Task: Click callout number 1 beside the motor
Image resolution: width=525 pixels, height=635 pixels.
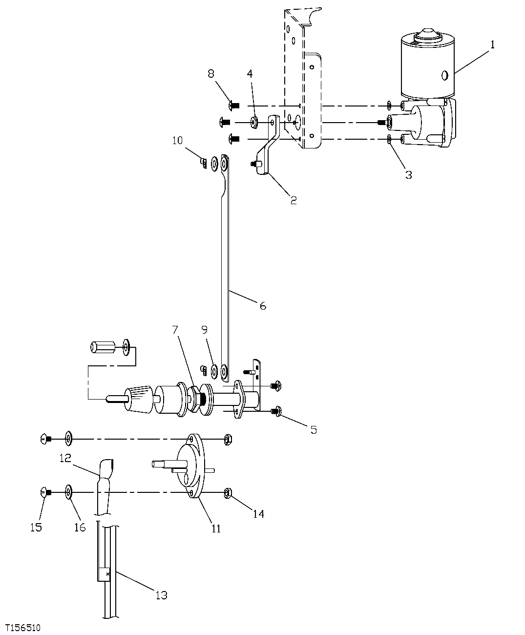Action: click(x=492, y=45)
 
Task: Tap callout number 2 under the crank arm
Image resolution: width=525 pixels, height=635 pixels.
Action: click(x=293, y=200)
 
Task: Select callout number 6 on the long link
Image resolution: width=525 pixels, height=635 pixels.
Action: click(x=263, y=306)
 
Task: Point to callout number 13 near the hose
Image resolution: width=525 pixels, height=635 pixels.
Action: click(x=161, y=595)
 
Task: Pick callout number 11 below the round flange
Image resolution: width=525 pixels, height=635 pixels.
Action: click(x=216, y=528)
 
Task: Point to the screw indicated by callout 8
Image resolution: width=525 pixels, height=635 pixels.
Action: click(x=233, y=105)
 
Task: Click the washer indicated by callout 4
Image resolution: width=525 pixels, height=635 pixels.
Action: click(x=255, y=122)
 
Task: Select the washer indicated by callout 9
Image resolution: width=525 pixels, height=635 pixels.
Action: click(x=214, y=372)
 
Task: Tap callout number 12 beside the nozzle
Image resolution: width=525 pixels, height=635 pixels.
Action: click(x=65, y=458)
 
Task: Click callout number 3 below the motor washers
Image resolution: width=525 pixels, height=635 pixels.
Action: click(x=408, y=175)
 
